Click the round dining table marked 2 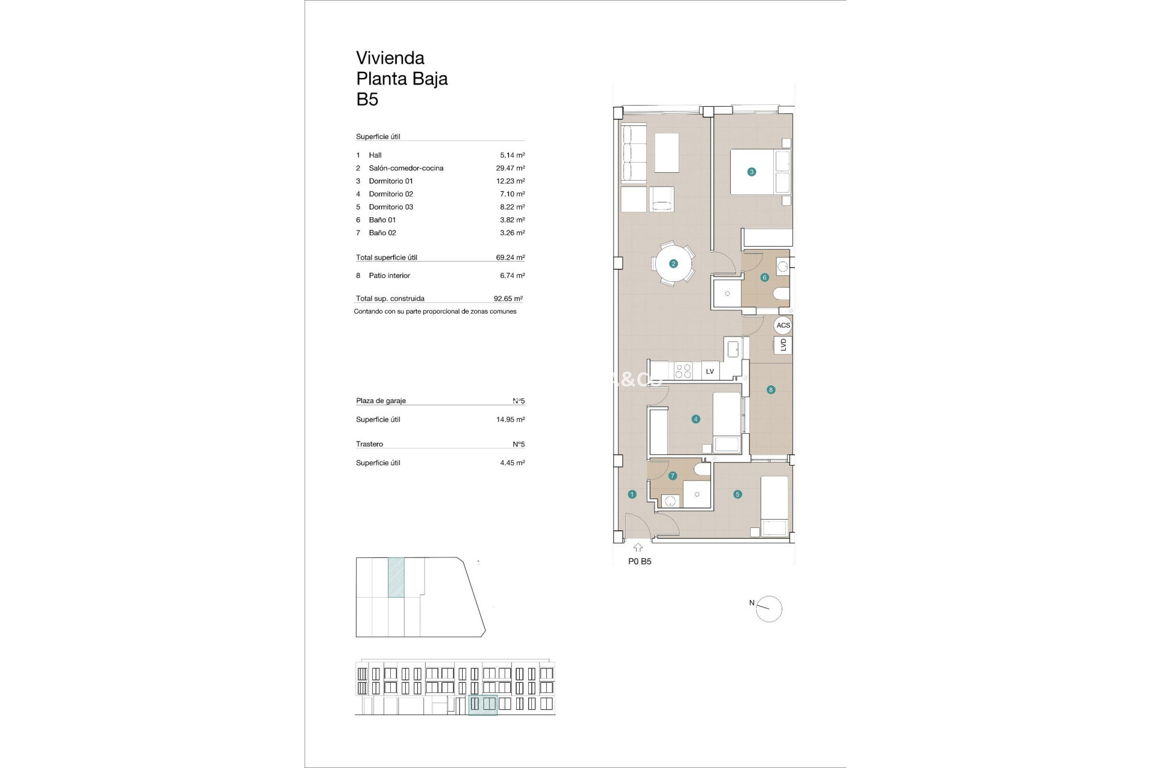(673, 263)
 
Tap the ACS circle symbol (783, 325)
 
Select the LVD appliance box (783, 345)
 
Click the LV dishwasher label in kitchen (710, 371)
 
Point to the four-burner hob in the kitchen (683, 371)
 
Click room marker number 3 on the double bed (752, 172)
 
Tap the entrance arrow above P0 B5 (638, 547)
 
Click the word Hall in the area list (375, 155)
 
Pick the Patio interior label (390, 275)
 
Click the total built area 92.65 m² (508, 298)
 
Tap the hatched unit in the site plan (396, 577)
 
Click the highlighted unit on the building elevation (483, 704)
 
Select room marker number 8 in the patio (771, 390)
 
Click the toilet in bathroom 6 (781, 294)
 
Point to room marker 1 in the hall (632, 494)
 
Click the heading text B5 (367, 99)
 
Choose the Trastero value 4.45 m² (512, 463)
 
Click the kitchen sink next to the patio (733, 348)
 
